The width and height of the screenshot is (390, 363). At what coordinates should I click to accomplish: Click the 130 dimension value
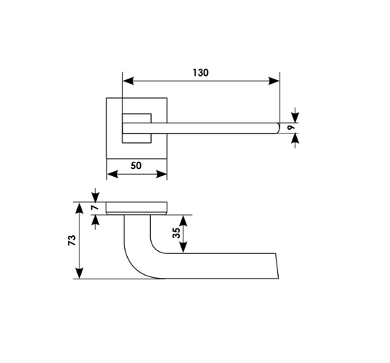coord(201,73)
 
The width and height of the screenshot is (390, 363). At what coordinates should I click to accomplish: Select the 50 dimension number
coord(136,165)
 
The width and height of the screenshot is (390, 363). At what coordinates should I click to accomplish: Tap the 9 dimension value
coord(291,128)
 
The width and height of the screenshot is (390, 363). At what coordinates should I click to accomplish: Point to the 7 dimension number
coord(95,206)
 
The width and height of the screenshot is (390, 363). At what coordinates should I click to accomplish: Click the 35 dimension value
coord(176,233)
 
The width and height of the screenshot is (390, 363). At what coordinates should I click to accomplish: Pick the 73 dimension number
coord(72,240)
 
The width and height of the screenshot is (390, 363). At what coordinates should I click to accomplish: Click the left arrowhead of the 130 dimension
coord(129,81)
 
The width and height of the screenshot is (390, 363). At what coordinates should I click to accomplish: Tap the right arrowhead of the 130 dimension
coord(274,81)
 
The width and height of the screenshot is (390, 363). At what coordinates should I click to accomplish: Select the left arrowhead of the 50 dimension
coord(113,174)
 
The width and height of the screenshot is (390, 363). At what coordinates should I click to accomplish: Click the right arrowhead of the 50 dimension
coord(161,174)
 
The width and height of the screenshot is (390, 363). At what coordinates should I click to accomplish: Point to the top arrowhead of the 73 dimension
coord(79,209)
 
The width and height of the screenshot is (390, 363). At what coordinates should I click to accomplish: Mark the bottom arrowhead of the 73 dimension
coord(79,273)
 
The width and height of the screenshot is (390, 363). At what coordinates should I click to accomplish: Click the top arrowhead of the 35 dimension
coord(183,221)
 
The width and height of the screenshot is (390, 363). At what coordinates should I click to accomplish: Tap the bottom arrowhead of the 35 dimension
coord(183,248)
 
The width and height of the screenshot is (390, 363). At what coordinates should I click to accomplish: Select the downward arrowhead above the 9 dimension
coord(295,118)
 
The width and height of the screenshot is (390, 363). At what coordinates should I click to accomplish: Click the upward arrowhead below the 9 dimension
coord(295,139)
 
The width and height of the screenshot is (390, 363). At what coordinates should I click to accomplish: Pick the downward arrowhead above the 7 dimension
coord(95,197)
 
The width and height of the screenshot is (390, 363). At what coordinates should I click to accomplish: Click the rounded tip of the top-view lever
coord(278,128)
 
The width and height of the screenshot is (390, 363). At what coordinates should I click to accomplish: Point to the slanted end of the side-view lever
coord(277,266)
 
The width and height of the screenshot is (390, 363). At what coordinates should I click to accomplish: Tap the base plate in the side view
coord(136,209)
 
